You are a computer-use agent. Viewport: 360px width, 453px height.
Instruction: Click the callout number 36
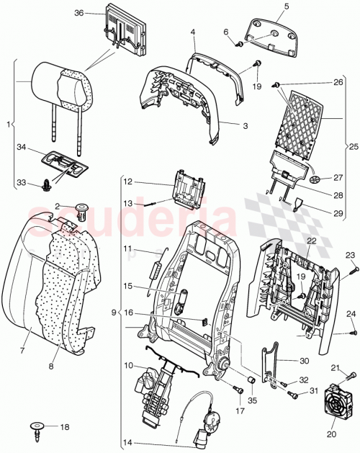tap(79, 13)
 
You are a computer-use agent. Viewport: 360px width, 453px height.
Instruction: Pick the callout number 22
tap(312, 241)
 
